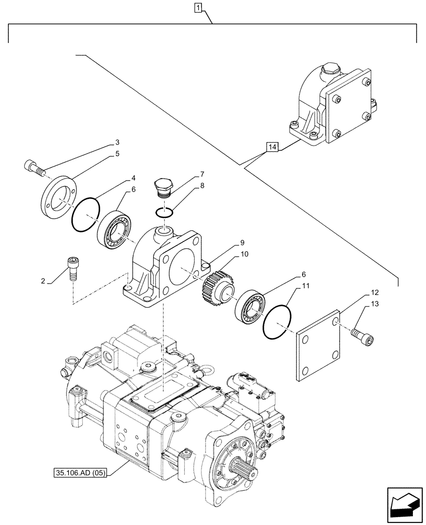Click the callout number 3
pos(118,142)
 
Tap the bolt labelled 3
pos(33,167)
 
